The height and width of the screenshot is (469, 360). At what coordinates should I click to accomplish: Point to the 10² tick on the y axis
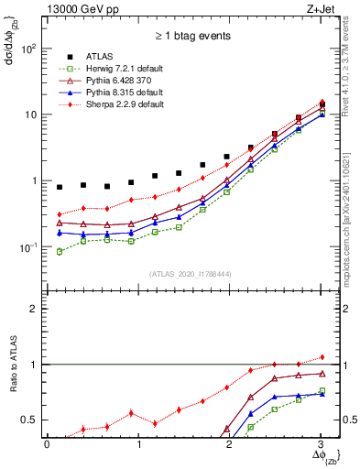point(32,48)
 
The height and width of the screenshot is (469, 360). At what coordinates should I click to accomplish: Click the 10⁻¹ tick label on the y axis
point(32,247)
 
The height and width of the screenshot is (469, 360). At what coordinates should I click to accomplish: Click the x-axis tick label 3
point(320,444)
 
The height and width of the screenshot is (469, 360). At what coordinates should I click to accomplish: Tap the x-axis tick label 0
point(47,444)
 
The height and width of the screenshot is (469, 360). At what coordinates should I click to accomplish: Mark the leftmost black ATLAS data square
point(60,187)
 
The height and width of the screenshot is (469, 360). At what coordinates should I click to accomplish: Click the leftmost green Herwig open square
point(60,251)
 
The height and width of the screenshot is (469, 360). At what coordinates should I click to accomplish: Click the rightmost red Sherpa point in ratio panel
point(321,357)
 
